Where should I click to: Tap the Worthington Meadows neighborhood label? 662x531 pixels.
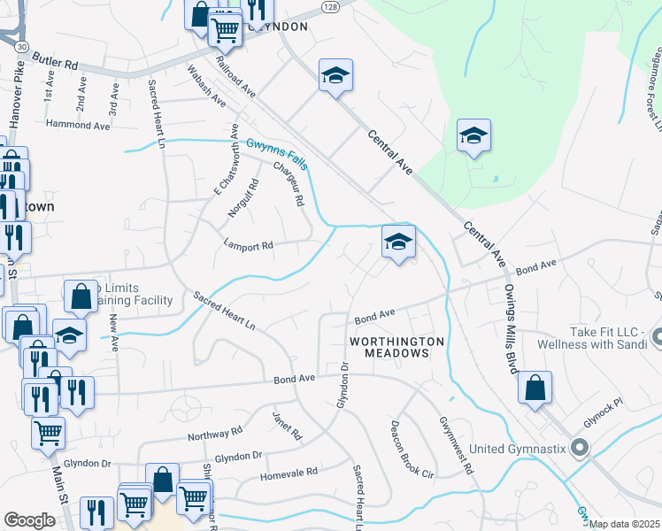[x=389, y=346]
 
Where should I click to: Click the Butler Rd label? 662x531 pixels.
[x=55, y=62]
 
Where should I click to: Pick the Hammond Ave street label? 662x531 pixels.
[x=78, y=126]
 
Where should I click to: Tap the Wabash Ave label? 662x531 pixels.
[x=205, y=86]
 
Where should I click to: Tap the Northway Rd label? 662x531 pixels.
[x=214, y=433]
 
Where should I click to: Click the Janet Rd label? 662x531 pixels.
[x=288, y=425]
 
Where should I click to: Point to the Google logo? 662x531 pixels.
[x=29, y=520]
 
